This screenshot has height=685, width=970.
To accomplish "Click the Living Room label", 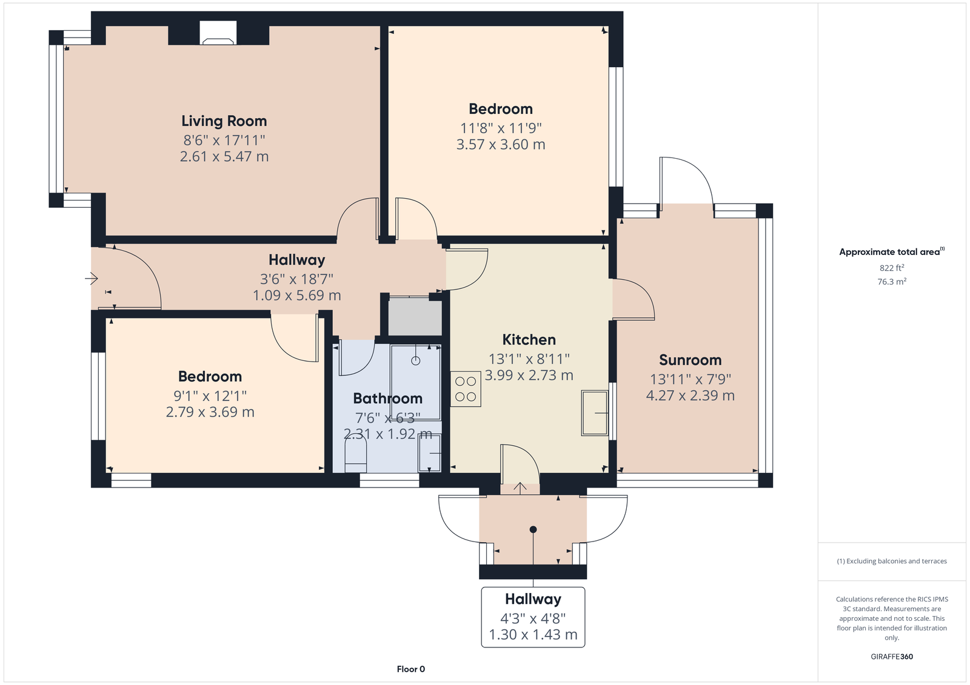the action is [x=224, y=121].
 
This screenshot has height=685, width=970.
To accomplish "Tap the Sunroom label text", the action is [x=691, y=360].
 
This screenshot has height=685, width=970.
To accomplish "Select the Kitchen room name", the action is [x=529, y=340].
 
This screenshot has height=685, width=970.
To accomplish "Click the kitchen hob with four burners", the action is [x=466, y=389].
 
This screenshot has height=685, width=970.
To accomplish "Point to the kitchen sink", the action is [x=595, y=413].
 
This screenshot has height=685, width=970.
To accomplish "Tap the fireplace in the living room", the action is [x=218, y=33].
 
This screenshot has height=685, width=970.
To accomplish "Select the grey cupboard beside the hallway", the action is [x=415, y=316].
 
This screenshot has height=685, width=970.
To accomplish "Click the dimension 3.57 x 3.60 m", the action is [x=501, y=144].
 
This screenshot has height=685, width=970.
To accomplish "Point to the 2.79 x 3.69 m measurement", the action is [x=210, y=411].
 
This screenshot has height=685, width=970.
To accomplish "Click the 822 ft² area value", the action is [x=892, y=268].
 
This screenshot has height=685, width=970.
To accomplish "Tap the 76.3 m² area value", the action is [x=892, y=282].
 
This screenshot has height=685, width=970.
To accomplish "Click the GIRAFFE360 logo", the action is [x=892, y=657].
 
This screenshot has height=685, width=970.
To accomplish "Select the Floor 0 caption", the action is [x=411, y=669].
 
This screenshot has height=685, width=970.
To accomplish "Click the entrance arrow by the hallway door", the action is [x=92, y=278].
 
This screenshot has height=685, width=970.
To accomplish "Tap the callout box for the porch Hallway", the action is [x=533, y=617].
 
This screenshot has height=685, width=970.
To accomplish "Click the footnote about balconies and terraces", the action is [x=892, y=561].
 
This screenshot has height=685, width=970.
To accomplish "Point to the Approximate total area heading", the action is [x=892, y=252].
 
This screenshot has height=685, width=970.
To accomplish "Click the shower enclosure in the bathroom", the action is [x=416, y=382].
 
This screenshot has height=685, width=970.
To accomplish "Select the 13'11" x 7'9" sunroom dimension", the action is [x=691, y=380].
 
